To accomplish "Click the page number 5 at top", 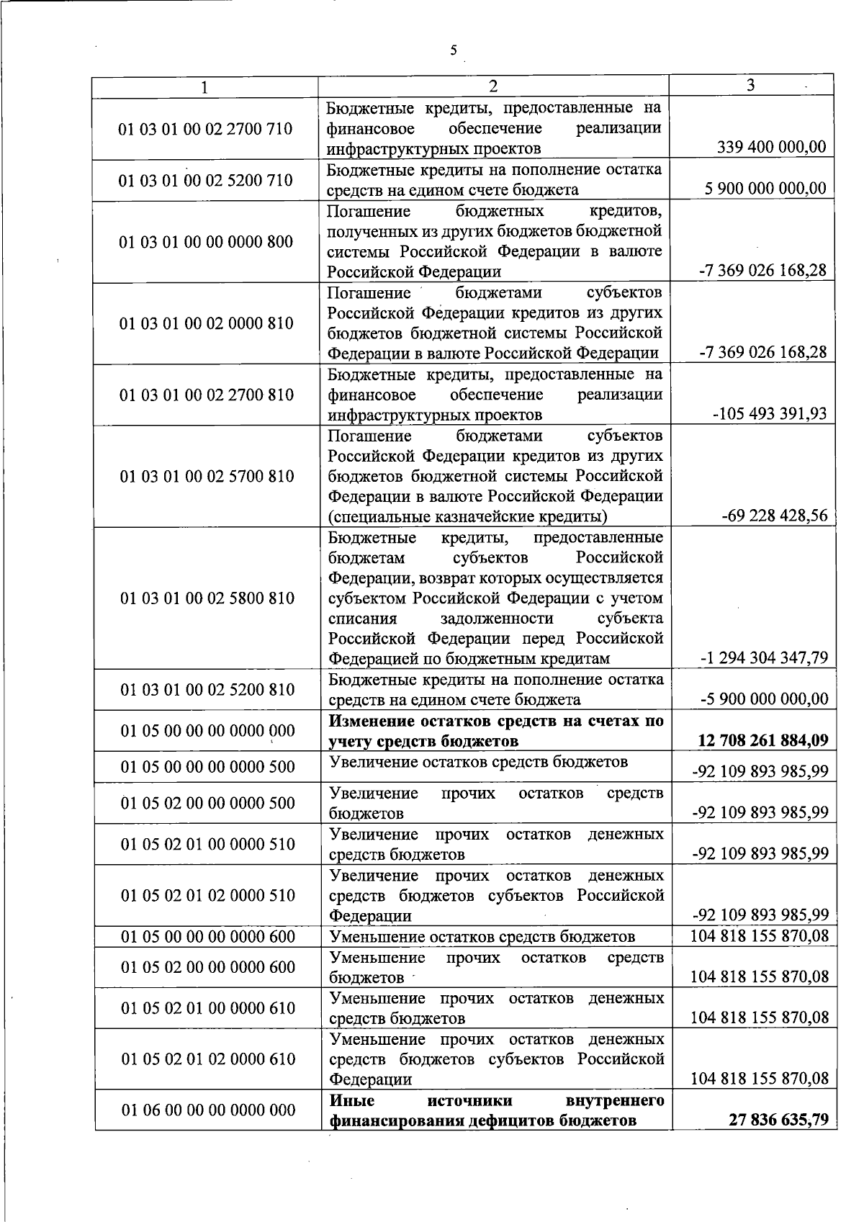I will [x=453, y=50].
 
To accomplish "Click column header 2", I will [x=493, y=86].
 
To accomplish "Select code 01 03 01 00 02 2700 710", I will [x=206, y=129].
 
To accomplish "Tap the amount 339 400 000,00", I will [x=772, y=148].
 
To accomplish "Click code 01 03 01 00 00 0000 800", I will [x=206, y=241].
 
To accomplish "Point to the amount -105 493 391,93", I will [x=770, y=414].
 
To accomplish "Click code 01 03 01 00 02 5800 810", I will [x=207, y=598].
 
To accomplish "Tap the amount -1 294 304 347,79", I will [x=764, y=657].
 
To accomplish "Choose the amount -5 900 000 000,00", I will [x=764, y=698].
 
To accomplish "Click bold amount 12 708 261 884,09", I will [x=764, y=740].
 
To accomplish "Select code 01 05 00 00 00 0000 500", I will [x=208, y=767].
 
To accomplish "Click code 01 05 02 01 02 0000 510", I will [x=208, y=895].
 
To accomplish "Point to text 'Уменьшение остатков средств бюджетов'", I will [x=482, y=936].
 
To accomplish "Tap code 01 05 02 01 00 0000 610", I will [x=208, y=1007].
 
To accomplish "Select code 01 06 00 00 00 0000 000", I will [x=208, y=1110].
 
